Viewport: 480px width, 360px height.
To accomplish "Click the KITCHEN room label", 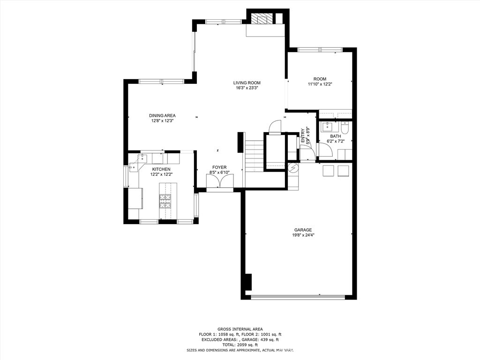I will (161, 169).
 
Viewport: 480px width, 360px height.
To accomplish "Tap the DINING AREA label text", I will (162, 115).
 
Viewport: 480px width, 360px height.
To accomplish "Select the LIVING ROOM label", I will (247, 83).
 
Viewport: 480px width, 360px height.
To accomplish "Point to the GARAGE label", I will (303, 230).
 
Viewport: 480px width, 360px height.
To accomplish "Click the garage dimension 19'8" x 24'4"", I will (303, 235).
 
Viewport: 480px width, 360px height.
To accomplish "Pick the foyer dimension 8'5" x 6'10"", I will (219, 172).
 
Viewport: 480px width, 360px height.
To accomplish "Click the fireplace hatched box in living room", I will (262, 19).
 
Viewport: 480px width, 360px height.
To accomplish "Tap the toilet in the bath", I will (345, 127).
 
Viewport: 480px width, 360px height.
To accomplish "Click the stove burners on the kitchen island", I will (165, 201).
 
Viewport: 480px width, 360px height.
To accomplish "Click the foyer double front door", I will (219, 182).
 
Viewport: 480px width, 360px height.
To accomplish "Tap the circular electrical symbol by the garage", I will (293, 168).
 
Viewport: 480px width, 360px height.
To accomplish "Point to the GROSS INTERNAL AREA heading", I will (240, 329).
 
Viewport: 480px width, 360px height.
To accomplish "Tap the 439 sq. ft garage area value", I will (271, 339).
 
